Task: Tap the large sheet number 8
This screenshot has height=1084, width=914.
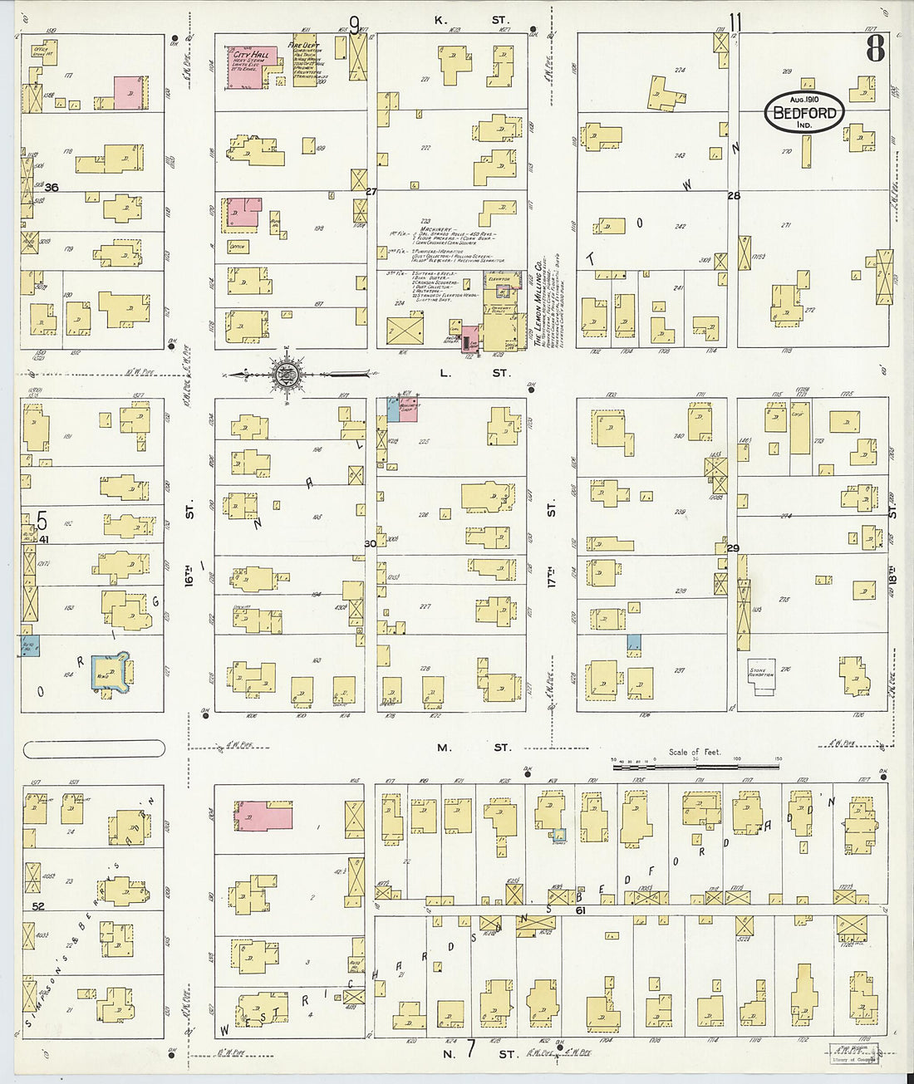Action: [875, 49]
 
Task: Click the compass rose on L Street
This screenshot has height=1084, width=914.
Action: [285, 373]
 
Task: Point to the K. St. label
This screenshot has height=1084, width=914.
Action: [470, 18]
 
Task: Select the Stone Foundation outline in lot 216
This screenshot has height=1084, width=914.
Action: [761, 671]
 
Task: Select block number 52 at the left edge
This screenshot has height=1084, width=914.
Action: [38, 907]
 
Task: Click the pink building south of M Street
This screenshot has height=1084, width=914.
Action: [263, 815]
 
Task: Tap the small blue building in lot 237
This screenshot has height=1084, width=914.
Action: [634, 642]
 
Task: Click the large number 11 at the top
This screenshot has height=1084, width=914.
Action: [735, 22]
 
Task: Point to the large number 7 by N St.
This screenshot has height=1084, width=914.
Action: [469, 1049]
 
